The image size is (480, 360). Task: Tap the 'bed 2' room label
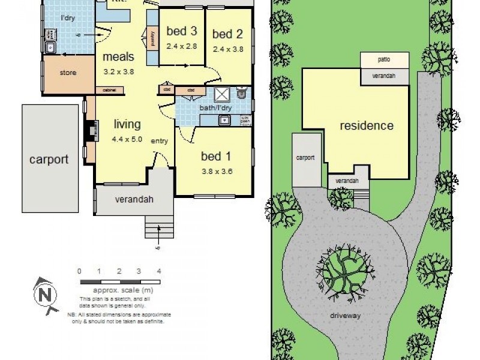pos(227,34)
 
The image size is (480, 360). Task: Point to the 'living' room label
pos(127,124)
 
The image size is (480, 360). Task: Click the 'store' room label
pos(67,74)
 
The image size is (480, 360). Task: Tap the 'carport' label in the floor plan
pos(49,160)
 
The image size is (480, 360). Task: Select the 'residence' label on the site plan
pos(367,125)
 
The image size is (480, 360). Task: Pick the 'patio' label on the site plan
pos(384,60)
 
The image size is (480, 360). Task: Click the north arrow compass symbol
pos(45,294)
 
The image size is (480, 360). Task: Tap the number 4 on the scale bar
pos(159,271)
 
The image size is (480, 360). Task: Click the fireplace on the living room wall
pos(91,129)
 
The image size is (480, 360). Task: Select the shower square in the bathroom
pos(223,94)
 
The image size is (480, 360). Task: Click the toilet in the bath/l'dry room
pos(242,92)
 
